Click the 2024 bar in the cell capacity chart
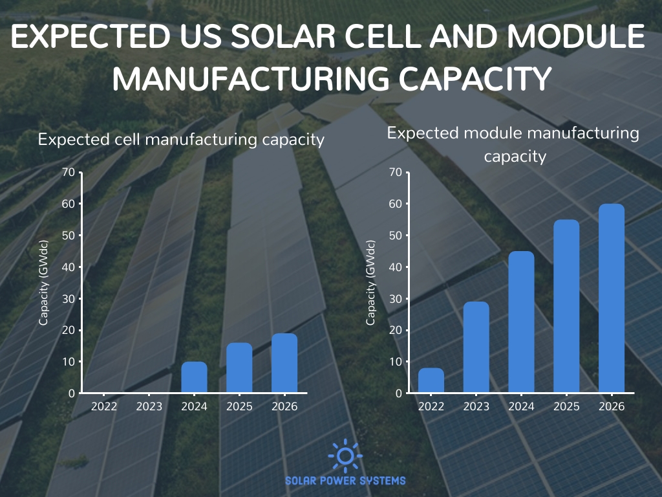point(194,377)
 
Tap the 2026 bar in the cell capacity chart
point(284,363)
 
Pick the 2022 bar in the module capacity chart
point(431,381)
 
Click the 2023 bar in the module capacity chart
point(476,348)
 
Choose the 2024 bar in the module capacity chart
point(522,322)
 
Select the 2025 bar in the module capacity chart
point(567,306)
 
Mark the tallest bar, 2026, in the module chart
point(612,298)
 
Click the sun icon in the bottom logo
point(345,456)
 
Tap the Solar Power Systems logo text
point(345,480)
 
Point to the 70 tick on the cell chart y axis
point(69,172)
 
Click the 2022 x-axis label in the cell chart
point(104,406)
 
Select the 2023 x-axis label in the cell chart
point(149,406)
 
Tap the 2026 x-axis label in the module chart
point(612,406)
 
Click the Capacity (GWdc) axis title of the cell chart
point(43,283)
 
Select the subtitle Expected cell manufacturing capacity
point(181,140)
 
